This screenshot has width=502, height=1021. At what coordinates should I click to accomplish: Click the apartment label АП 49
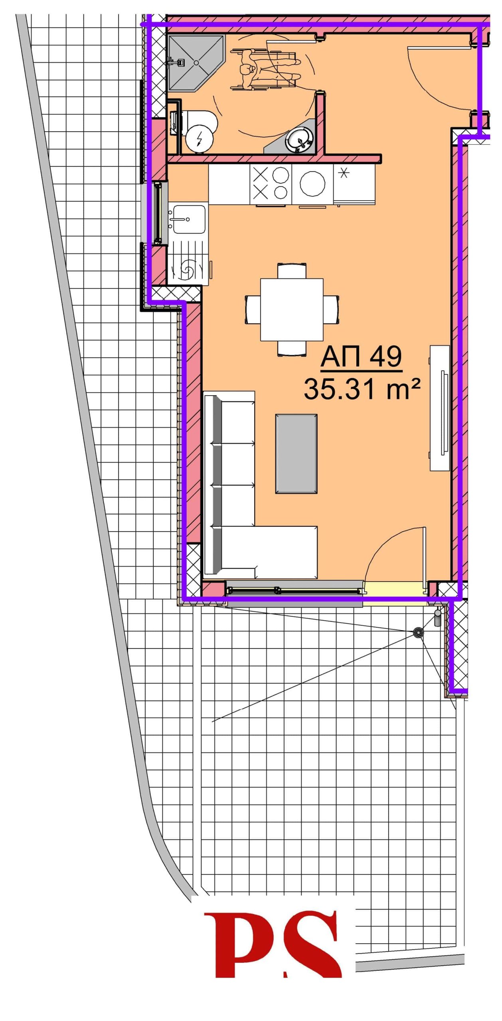pos(361,357)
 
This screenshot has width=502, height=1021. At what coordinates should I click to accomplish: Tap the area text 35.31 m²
pos(362,389)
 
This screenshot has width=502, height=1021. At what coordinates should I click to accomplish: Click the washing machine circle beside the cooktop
pos(312,184)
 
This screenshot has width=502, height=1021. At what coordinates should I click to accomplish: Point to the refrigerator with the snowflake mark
pos(354,185)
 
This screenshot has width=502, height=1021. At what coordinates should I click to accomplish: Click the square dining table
pos(292,309)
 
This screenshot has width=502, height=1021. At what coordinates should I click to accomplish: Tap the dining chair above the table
pos(292,270)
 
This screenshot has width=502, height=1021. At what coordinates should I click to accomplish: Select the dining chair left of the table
pos(253,309)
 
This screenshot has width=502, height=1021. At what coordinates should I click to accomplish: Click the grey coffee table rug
pos(296,453)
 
